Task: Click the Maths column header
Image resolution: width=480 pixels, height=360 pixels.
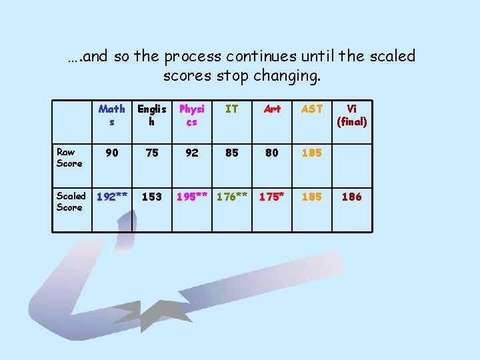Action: coord(111,115)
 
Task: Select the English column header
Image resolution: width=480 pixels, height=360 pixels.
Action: coord(151,115)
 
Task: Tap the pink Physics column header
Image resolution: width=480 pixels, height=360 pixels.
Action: coord(192,115)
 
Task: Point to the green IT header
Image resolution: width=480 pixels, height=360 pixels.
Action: coord(231,109)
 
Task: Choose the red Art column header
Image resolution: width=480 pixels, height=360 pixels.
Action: coord(272,109)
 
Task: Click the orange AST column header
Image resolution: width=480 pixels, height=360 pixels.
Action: coord(312,109)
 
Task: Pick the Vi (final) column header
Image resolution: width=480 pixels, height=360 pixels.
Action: coord(352,115)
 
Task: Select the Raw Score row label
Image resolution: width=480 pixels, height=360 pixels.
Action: coord(69,158)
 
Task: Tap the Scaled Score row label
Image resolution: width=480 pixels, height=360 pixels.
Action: coord(71,201)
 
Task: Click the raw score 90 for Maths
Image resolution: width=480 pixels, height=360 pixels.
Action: coord(112,153)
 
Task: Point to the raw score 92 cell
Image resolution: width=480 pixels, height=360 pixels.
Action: coord(192,153)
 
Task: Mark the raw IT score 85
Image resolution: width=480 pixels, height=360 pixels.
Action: coord(231,153)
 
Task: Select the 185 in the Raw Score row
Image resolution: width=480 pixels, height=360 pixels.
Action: coord(312,153)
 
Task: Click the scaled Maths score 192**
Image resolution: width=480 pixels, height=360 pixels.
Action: coord(112,197)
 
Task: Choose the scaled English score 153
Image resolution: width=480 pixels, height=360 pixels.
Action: coord(152,197)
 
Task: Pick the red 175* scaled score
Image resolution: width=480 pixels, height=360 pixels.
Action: coord(272,197)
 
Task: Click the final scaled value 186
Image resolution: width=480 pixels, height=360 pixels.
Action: coord(351,197)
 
